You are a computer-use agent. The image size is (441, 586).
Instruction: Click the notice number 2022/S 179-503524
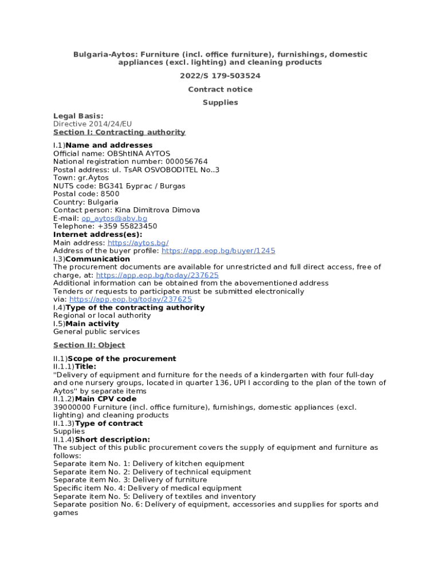(x=220, y=76)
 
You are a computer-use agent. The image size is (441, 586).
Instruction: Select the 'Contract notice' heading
(x=220, y=89)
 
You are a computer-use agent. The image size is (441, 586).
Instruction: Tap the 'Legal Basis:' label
(x=78, y=116)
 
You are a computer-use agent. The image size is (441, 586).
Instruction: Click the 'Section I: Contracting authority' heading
(x=119, y=132)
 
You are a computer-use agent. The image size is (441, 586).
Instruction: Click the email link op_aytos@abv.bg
(x=114, y=219)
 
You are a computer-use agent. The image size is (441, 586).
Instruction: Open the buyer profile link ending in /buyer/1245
(x=218, y=251)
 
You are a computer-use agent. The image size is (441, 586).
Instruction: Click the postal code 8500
(x=109, y=194)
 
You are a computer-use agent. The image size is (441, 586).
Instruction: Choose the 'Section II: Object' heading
(x=89, y=345)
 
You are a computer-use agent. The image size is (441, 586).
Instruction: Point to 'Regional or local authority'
(x=102, y=315)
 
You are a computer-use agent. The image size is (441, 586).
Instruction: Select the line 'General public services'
(x=96, y=331)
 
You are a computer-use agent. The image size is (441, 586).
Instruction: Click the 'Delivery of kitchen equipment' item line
(x=149, y=464)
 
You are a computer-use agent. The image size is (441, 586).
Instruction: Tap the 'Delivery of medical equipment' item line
(x=148, y=488)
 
